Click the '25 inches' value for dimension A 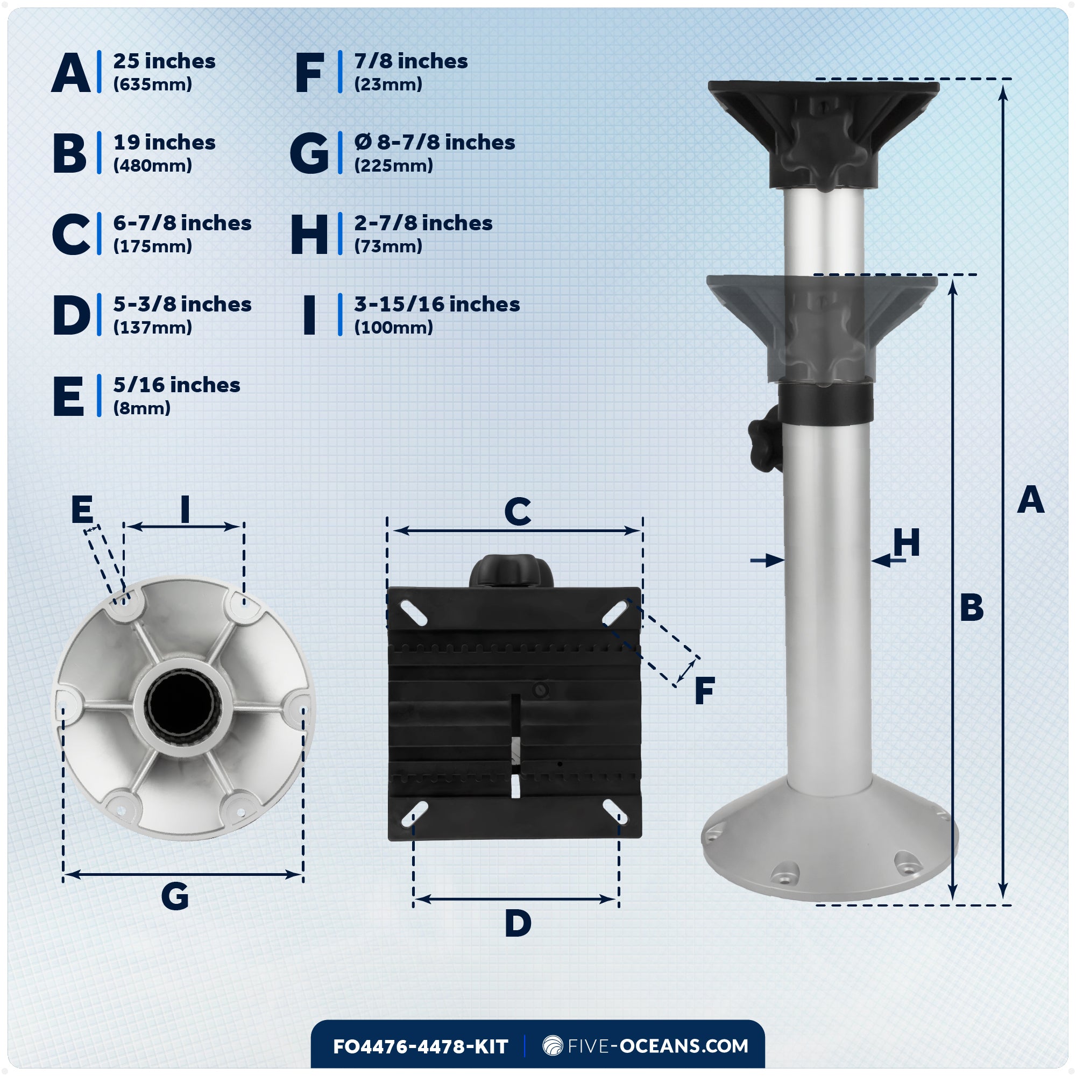(x=164, y=61)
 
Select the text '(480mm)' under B (x=152, y=165)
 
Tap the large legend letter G (x=310, y=153)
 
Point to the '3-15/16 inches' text (x=437, y=304)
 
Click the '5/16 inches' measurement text (x=176, y=385)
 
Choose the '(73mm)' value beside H (x=388, y=246)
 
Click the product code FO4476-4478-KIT (x=421, y=1046)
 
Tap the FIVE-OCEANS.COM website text (x=657, y=1046)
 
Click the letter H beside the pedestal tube (x=906, y=543)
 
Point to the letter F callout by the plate (x=705, y=691)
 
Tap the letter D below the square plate (x=518, y=923)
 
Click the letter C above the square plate (x=518, y=511)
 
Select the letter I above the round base (x=185, y=509)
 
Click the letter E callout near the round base (x=82, y=509)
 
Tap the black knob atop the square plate (x=511, y=571)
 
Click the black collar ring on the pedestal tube (x=825, y=402)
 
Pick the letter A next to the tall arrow (x=1030, y=500)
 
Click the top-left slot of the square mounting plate (x=414, y=613)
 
